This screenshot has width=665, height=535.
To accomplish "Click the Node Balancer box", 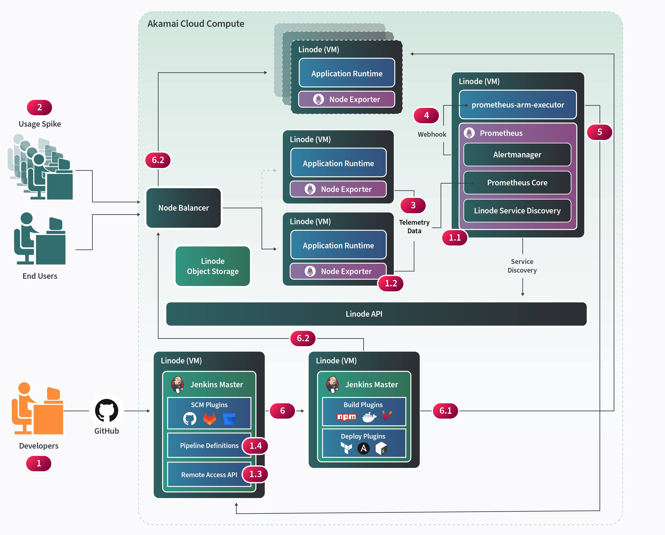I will pyautogui.click(x=184, y=208).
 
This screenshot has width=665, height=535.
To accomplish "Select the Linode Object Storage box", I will pyautogui.click(x=213, y=266).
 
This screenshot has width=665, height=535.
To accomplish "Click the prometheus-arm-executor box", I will pyautogui.click(x=518, y=105).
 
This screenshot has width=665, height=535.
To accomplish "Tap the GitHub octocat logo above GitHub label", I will pyautogui.click(x=106, y=410).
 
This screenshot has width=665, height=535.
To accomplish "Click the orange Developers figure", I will pyautogui.click(x=37, y=409).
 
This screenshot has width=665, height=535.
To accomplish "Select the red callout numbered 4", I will pyautogui.click(x=426, y=115).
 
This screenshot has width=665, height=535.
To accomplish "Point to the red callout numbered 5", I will pyautogui.click(x=599, y=132).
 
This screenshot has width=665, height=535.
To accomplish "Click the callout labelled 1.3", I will pyautogui.click(x=255, y=474).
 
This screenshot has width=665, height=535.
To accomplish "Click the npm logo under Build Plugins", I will pyautogui.click(x=346, y=417).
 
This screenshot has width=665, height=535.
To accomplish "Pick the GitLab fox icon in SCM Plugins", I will pyautogui.click(x=209, y=419).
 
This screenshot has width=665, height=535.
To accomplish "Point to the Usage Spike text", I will pyautogui.click(x=40, y=124).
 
